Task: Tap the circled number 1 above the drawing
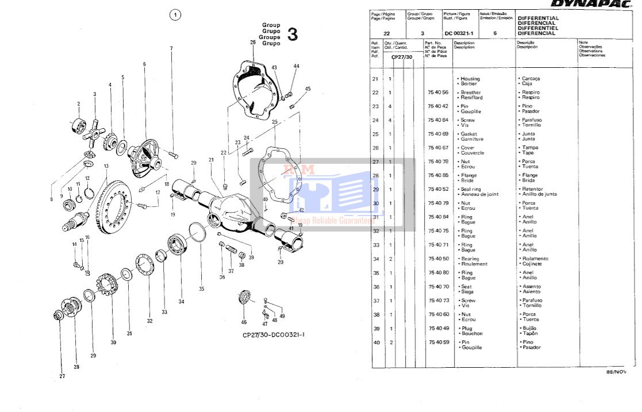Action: [x=175, y=16]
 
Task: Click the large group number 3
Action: [x=293, y=34]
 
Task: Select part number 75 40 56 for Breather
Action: [x=439, y=93]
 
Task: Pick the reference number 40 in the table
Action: [x=375, y=342]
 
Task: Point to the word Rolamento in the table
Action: [x=533, y=259]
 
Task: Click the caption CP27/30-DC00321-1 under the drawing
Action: [x=274, y=334]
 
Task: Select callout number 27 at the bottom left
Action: [x=62, y=376]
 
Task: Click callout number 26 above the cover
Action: [x=253, y=43]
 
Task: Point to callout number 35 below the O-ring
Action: [x=201, y=288]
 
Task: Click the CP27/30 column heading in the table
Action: [x=402, y=57]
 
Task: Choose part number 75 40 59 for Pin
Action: [x=439, y=342]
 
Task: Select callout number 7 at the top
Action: [x=171, y=48]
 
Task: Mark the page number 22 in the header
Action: [x=386, y=33]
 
